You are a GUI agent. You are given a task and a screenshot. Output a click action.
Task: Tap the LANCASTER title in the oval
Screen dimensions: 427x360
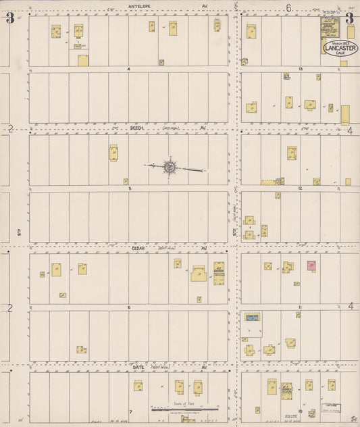click(x=342, y=48)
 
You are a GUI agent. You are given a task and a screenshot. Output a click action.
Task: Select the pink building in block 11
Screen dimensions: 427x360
click(x=311, y=266)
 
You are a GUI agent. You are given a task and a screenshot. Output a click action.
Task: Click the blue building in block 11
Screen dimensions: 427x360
click(x=253, y=316)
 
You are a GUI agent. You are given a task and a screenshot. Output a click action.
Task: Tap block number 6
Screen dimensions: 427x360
click(x=128, y=307)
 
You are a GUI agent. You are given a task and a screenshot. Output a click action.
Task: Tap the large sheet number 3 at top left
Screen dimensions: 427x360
click(x=10, y=18)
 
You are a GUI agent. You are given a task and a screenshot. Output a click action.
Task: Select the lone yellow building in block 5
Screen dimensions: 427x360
click(x=113, y=153)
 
